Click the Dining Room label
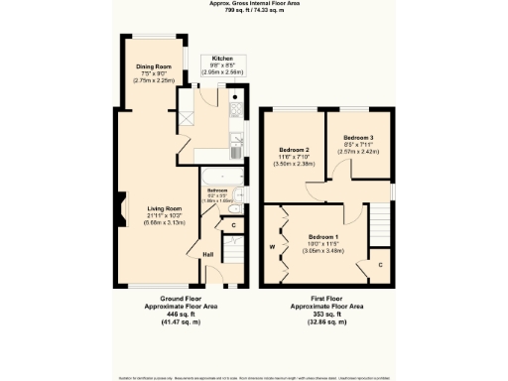click(153, 66)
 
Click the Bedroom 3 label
click(359, 137)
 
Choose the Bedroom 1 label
click(321, 237)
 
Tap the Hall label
click(208, 255)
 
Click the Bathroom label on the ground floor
click(217, 189)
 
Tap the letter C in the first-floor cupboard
click(381, 265)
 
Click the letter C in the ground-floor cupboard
click(231, 224)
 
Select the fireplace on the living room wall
click(119, 208)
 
